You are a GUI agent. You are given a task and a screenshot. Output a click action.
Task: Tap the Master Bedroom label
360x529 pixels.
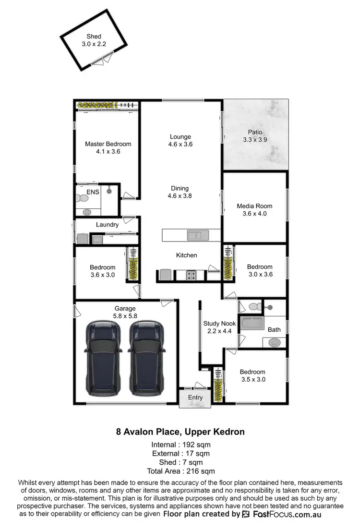pos(108,144)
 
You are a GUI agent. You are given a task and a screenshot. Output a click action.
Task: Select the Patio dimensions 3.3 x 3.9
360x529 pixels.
pos(255,140)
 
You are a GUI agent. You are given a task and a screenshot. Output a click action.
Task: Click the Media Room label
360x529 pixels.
pos(255,206)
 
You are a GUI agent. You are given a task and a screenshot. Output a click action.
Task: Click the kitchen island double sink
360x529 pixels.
pos(195,235)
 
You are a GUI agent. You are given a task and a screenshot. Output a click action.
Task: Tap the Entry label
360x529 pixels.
pos(195,397)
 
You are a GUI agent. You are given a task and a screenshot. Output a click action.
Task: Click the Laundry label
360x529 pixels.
pos(107,224)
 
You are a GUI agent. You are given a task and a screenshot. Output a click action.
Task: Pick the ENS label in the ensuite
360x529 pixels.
pos(92,192)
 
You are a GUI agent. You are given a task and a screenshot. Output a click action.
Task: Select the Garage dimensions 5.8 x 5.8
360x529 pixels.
pos(125,316)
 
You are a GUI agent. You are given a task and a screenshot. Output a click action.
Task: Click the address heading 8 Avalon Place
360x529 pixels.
pos(180,432)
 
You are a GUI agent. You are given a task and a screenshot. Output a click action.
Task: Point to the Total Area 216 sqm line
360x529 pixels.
pos(180,471)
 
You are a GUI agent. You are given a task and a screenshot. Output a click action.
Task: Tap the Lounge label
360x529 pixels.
pos(180,136)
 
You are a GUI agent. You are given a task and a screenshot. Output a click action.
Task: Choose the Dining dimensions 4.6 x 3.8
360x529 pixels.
pos(180,196)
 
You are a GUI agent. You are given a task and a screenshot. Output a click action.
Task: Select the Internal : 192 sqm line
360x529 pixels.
pos(180,444)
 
